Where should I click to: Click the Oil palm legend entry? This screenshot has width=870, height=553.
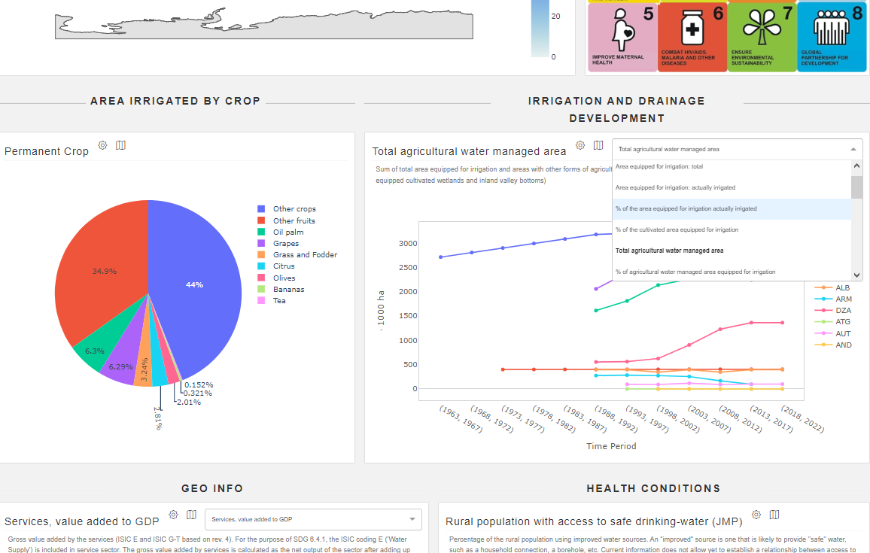288,232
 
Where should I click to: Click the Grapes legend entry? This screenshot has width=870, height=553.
285,244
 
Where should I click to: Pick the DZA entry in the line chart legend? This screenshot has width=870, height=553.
843,311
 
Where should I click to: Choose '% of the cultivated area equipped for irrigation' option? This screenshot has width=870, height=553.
676,229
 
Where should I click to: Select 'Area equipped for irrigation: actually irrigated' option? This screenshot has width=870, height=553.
675,187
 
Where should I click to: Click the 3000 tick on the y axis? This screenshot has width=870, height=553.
407,244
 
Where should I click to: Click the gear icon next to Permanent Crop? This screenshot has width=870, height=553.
103,145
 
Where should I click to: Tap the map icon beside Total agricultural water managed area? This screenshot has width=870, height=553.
598,145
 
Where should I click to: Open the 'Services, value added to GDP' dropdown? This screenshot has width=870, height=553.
313,519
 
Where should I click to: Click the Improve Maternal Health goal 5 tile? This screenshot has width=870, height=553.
622,37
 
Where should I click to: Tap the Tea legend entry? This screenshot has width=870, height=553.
279,301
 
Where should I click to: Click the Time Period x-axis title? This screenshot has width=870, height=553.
611,446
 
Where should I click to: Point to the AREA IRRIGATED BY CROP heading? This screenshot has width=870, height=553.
175,101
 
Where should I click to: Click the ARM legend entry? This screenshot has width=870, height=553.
843,299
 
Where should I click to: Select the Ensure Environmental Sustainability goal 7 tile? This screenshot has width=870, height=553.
762,37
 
